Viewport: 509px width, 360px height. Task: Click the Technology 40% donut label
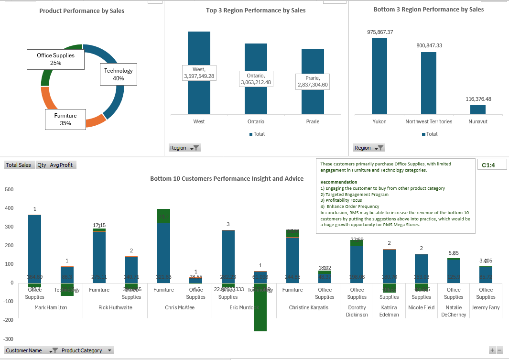point(119,75)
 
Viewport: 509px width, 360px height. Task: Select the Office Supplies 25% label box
point(55,59)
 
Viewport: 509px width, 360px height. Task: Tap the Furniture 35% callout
point(65,120)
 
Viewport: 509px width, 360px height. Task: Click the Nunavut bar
point(477,109)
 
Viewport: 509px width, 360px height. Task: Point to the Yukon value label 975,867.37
point(380,32)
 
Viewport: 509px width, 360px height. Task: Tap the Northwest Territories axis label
point(428,121)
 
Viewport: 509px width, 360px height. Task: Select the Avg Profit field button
point(62,165)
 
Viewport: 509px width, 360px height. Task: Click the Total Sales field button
point(18,165)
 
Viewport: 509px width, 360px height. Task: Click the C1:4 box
point(492,164)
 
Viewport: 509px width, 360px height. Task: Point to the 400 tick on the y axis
point(9,208)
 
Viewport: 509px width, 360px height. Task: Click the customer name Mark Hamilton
point(51,307)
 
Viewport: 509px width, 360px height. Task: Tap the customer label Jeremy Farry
point(486,307)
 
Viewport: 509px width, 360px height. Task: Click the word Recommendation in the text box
point(338,182)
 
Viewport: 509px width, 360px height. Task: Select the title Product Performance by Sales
point(82,11)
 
